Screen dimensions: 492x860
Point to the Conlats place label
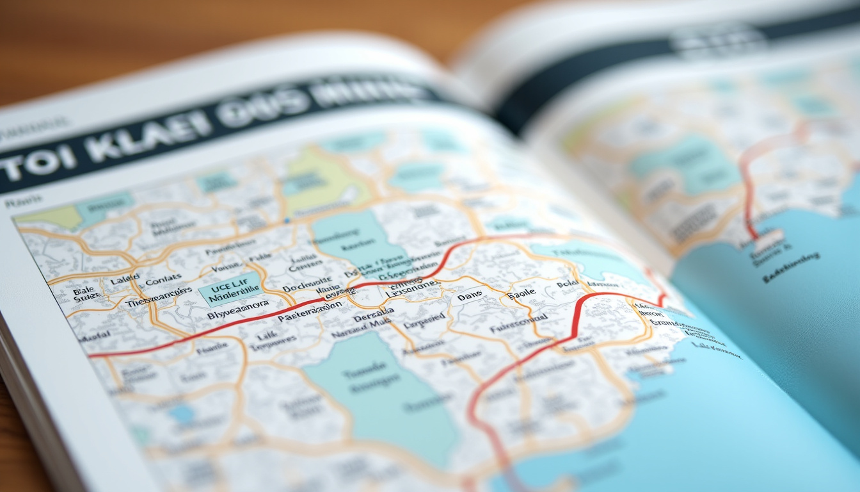[x=163, y=281]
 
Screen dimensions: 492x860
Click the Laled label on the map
[x=124, y=280]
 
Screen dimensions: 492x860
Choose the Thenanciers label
[x=159, y=295]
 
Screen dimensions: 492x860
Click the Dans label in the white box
[x=469, y=297]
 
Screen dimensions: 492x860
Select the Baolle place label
[x=521, y=295]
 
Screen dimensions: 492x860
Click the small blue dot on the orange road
[x=287, y=220]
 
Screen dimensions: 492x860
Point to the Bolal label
[x=567, y=283]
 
